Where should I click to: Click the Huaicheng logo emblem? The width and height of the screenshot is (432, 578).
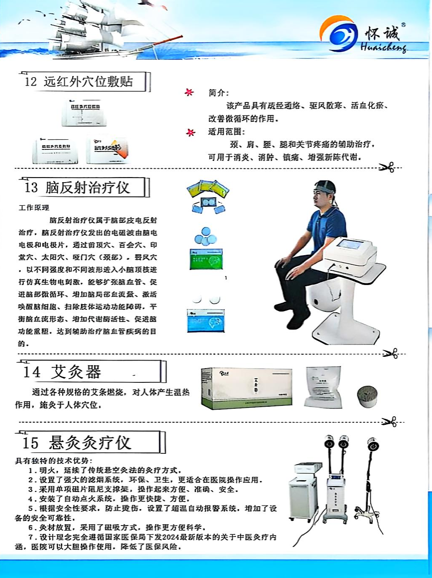[x=338, y=33]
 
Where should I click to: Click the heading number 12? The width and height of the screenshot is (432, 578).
[x=31, y=81]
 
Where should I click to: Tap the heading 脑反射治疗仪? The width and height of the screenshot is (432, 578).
[x=88, y=188]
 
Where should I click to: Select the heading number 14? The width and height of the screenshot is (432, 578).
[x=32, y=372]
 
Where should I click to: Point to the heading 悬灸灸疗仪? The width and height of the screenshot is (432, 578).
[x=90, y=443]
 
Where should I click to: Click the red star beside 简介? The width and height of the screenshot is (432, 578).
[x=189, y=92]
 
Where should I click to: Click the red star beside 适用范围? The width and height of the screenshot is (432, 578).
[x=191, y=132]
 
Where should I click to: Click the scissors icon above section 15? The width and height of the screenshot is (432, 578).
[x=389, y=421]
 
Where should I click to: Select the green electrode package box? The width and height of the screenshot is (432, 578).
[x=206, y=259]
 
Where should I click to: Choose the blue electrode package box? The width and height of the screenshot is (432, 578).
[x=206, y=320]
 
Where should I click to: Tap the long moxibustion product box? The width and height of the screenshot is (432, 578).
[x=246, y=388]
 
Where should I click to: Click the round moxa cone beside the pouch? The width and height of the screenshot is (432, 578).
[x=367, y=396]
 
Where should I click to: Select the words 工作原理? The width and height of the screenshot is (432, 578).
[x=34, y=208]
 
